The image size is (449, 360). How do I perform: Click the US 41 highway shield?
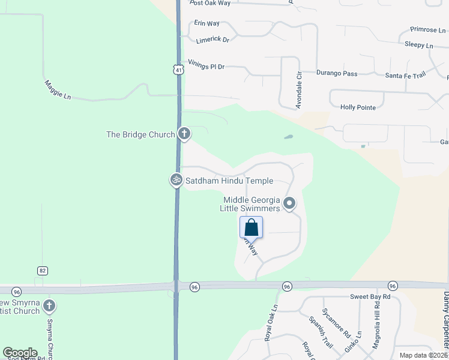[178, 70]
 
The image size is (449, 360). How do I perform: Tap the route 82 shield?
[42, 271]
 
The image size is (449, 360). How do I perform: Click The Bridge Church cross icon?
[184, 134]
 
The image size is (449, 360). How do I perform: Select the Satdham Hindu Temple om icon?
[176, 179]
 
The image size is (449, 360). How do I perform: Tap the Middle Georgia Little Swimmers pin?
[289, 203]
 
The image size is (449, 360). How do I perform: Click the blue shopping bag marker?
[251, 227]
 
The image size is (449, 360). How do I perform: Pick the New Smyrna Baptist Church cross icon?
[49, 306]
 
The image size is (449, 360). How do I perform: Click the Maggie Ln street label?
[57, 89]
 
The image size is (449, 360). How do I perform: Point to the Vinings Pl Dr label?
[206, 65]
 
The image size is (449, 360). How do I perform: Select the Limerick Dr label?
[212, 40]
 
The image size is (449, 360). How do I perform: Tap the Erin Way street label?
[207, 23]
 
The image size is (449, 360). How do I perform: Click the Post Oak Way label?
[210, 3]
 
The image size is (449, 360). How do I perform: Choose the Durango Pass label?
[337, 74]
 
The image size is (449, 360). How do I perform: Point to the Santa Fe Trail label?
[405, 75]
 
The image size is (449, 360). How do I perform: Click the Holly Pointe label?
[358, 107]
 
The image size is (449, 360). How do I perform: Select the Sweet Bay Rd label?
[370, 297]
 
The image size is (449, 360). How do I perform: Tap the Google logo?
[20, 353]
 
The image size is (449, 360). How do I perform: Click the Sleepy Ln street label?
[418, 45]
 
